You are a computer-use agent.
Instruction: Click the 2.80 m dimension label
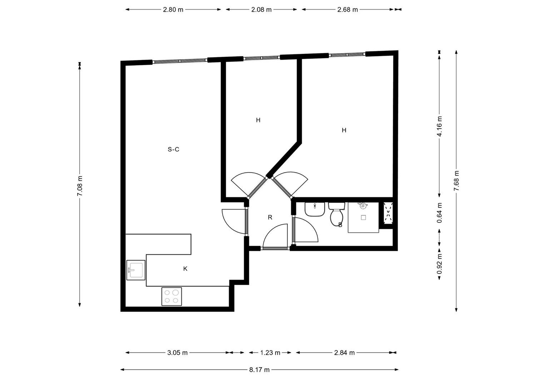[173, 10]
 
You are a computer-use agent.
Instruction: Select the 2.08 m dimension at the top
[261, 10]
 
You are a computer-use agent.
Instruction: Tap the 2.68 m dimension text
[347, 10]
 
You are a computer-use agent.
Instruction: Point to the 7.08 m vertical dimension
[80, 185]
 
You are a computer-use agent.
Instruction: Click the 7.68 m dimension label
[456, 181]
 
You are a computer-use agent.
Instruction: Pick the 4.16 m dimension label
[440, 126]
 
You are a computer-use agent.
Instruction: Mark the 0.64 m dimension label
[440, 213]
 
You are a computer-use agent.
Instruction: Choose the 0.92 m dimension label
[440, 264]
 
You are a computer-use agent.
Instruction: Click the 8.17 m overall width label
[259, 370]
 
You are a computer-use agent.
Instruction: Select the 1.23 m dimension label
[270, 353]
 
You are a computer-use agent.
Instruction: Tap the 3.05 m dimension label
[177, 353]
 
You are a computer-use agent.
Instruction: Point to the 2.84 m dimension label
[344, 353]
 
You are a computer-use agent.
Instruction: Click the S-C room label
[173, 149]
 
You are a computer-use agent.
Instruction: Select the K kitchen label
[185, 269]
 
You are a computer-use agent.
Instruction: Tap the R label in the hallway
[270, 217]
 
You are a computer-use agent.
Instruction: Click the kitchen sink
[136, 270]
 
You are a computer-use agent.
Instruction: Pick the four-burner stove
[172, 296]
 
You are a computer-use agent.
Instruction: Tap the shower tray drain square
[363, 217]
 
